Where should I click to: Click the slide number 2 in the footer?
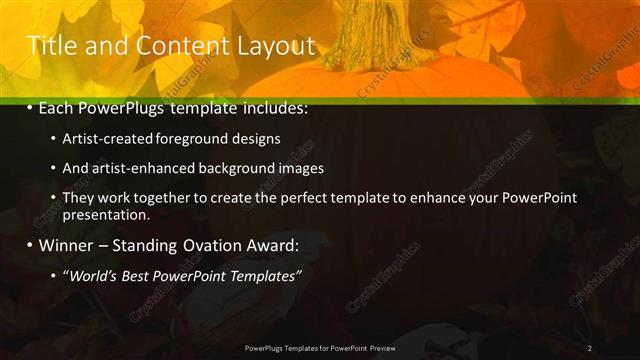(x=590, y=348)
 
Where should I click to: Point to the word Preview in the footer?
(x=389, y=348)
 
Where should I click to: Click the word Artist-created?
(x=105, y=139)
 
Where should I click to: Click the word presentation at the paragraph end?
(x=106, y=214)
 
